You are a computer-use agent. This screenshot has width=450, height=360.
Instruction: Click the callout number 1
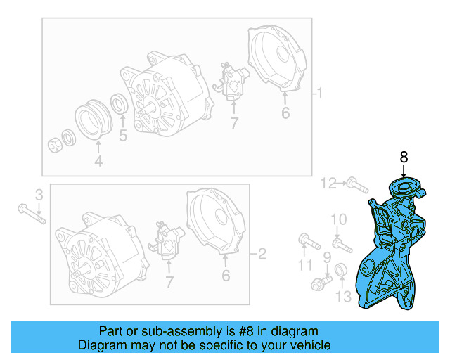(x=319, y=94)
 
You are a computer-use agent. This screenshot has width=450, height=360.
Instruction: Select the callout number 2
(x=262, y=253)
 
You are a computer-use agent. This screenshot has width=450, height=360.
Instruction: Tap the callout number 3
(x=39, y=194)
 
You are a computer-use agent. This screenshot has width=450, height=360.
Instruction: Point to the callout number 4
(x=98, y=161)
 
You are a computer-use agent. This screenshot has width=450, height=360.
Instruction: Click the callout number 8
(x=404, y=157)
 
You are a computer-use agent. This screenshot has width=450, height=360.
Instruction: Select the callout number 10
(x=338, y=220)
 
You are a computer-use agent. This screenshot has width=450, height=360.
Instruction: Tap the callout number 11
(x=304, y=264)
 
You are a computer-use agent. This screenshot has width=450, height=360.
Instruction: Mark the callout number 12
(x=329, y=184)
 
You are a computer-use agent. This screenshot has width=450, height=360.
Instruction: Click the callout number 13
(x=342, y=297)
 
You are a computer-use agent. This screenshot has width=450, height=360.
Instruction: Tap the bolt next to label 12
(x=357, y=186)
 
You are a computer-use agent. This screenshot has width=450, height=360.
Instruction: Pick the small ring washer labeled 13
(x=342, y=270)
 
